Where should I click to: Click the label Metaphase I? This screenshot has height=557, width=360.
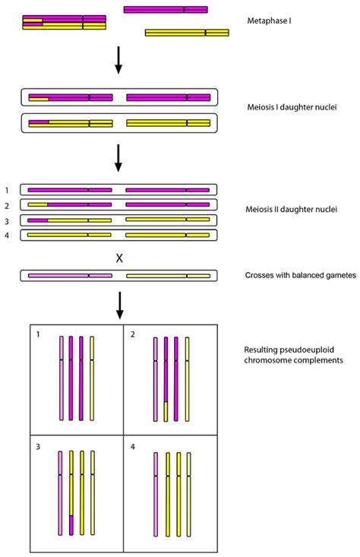click(270, 21)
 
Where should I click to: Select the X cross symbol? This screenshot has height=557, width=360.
click(118, 258)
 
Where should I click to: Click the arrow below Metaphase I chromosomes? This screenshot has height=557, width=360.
click(118, 60)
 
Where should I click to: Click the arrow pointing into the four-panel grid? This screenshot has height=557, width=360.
click(118, 304)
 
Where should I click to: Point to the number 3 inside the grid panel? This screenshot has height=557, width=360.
click(36, 446)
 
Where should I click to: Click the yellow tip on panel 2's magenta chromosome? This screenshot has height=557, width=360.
click(166, 411)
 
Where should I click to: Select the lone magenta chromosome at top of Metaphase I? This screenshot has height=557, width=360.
click(166, 10)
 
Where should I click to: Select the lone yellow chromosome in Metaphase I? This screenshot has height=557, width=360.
click(187, 33)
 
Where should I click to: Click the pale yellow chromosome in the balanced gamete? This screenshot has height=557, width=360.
click(168, 275)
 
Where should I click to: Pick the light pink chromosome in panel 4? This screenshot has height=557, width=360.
click(156, 494)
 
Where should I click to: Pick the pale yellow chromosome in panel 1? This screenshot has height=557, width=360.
click(92, 378)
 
